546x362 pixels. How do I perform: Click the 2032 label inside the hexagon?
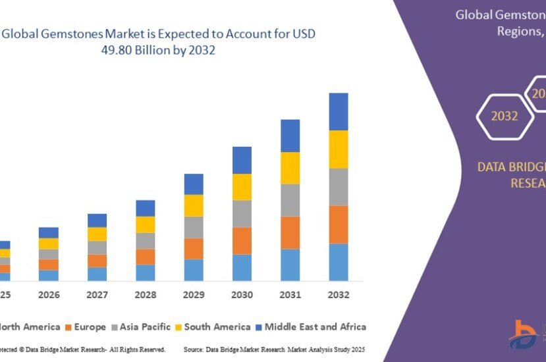pos(504,116)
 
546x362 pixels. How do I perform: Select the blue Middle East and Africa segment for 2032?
pos(339,111)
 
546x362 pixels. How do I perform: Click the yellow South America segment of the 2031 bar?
pos(290,168)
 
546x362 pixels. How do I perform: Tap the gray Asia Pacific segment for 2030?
pos(242,213)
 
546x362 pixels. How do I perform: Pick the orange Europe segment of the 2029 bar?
pos(194,248)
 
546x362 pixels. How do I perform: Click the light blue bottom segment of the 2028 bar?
pos(145,272)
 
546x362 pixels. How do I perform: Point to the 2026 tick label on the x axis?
pos(48,296)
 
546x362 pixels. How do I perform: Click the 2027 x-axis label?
pos(97,296)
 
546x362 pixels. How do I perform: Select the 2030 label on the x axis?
pos(242,296)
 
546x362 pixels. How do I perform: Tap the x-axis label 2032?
pos(339,296)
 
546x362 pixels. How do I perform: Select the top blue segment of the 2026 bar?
pos(48,232)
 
